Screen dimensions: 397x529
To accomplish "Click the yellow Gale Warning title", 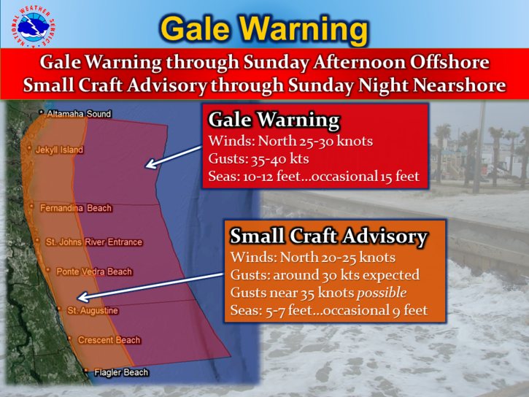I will (x=263, y=28).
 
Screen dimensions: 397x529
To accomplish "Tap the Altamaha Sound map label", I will (x=79, y=114).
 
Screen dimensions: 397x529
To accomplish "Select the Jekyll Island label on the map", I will (x=59, y=150).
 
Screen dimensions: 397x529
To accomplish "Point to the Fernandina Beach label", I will (x=76, y=208).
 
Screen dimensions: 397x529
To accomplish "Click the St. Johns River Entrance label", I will (x=93, y=242).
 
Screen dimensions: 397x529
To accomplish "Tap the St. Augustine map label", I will (x=93, y=311).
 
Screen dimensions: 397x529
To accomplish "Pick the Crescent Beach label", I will (x=109, y=340).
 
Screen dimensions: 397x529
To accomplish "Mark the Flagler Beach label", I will (x=120, y=373).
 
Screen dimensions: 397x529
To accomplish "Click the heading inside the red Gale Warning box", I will (x=274, y=120).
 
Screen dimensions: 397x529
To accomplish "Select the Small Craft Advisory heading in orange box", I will (x=328, y=236).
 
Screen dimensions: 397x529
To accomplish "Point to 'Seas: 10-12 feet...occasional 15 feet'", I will (x=314, y=176).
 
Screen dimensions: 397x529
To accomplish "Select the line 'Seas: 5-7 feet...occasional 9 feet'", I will (x=328, y=312).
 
